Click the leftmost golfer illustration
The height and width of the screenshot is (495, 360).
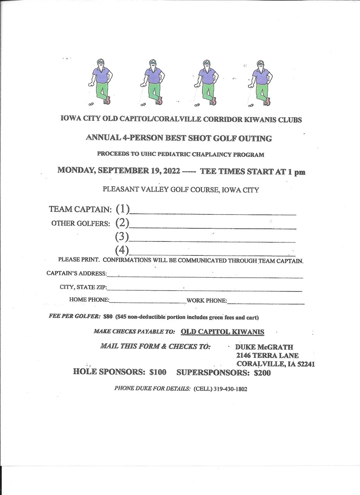[x=100, y=82]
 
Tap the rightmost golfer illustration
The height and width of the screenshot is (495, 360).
[x=261, y=82]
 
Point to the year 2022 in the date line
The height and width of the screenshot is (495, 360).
[x=169, y=171]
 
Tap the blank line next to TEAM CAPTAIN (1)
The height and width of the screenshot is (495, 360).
[x=213, y=212]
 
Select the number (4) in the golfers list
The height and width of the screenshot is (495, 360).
[x=122, y=250]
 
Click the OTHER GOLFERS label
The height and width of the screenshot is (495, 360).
[x=80, y=224]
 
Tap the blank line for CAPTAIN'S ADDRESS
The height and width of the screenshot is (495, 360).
[x=205, y=276]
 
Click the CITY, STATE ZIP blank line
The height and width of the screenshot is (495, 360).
[x=205, y=289]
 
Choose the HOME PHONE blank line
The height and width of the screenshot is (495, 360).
[x=148, y=302]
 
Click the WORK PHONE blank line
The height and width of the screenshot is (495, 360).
[x=266, y=302]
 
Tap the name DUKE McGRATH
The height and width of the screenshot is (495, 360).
[x=264, y=347]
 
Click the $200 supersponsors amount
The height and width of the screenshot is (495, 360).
[x=262, y=373]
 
